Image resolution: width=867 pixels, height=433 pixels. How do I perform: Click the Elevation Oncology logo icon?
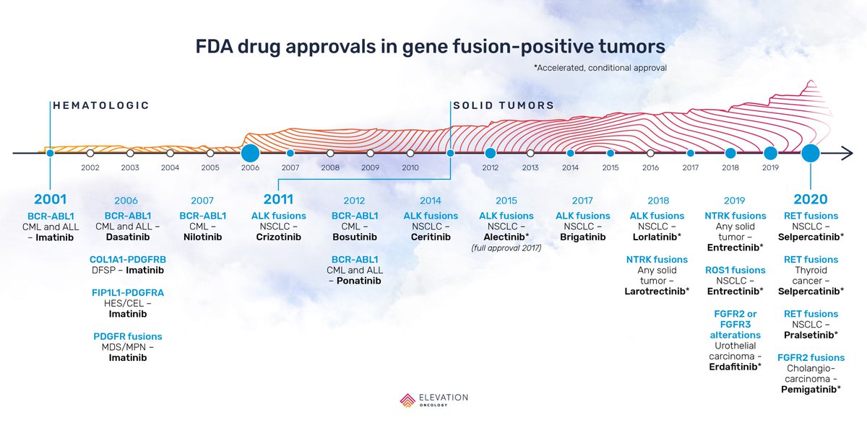click(x=408, y=401)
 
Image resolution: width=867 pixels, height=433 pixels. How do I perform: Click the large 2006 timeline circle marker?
click(x=250, y=153)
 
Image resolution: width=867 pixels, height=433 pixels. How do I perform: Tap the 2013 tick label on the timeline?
click(x=530, y=167)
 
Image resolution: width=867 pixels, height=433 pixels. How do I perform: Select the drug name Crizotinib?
click(x=278, y=237)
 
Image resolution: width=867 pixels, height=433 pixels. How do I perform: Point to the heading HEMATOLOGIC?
click(x=101, y=105)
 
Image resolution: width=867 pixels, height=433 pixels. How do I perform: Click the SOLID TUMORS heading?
click(x=504, y=105)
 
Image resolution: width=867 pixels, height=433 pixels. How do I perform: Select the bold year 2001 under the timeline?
click(x=50, y=200)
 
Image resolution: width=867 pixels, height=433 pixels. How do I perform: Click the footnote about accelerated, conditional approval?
click(x=600, y=67)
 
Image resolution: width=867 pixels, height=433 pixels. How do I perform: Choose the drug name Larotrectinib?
click(x=657, y=291)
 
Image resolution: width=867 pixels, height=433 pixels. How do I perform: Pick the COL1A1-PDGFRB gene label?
click(x=126, y=259)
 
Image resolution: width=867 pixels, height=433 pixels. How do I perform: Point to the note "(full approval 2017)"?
click(x=506, y=248)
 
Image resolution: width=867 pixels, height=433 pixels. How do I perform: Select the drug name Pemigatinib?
click(x=811, y=389)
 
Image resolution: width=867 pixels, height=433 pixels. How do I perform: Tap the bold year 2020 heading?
click(x=810, y=200)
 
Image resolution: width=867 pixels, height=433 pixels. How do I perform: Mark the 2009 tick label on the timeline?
click(x=370, y=167)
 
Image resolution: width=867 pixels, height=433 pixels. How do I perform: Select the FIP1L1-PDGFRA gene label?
click(x=126, y=292)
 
